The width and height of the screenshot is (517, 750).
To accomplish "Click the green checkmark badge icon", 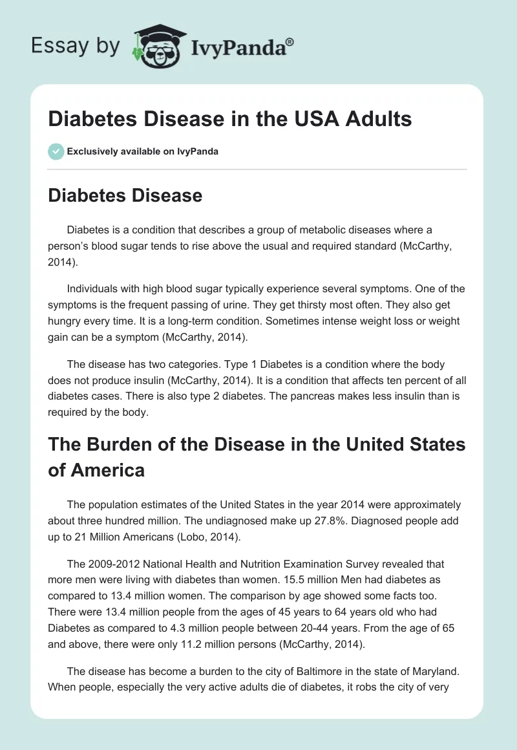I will [x=56, y=151].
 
